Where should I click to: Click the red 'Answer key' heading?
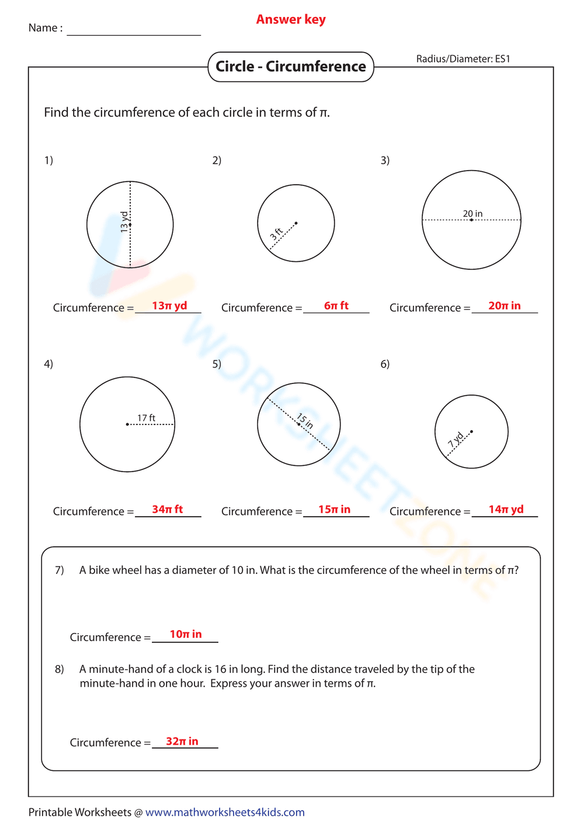291,20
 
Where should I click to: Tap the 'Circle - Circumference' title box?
291,67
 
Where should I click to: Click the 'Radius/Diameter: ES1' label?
463,59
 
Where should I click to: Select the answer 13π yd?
169,306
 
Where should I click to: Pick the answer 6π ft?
336,306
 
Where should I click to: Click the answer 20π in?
505,306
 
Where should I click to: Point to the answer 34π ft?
168,509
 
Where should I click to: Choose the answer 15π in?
335,509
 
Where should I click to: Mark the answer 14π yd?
506,509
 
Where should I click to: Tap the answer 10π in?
186,634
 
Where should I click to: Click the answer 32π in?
182,741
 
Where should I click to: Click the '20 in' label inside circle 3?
472,214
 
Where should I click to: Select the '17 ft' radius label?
146,418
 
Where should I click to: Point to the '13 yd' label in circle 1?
124,222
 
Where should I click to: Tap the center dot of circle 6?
471,432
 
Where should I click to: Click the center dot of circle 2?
296,223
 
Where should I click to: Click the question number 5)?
217,364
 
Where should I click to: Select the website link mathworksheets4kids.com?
225,812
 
